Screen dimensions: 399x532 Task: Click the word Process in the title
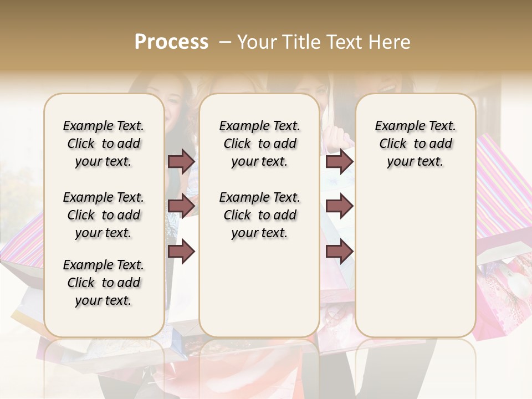tap(171, 42)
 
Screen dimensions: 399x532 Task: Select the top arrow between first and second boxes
tap(182, 162)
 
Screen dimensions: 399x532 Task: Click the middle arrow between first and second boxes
tap(182, 206)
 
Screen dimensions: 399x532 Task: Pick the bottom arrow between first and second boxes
tap(182, 252)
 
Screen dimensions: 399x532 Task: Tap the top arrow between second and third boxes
tap(339, 162)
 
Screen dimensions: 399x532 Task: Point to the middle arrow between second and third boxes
tap(339, 206)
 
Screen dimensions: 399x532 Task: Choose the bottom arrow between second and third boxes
tap(339, 252)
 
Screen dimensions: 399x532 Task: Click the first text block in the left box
tap(104, 144)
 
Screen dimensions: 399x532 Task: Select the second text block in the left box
tap(104, 215)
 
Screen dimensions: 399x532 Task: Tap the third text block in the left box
tap(104, 283)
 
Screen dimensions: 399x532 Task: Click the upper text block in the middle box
tap(260, 144)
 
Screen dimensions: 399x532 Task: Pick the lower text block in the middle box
tap(260, 215)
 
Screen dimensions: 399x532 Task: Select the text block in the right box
tap(416, 144)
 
